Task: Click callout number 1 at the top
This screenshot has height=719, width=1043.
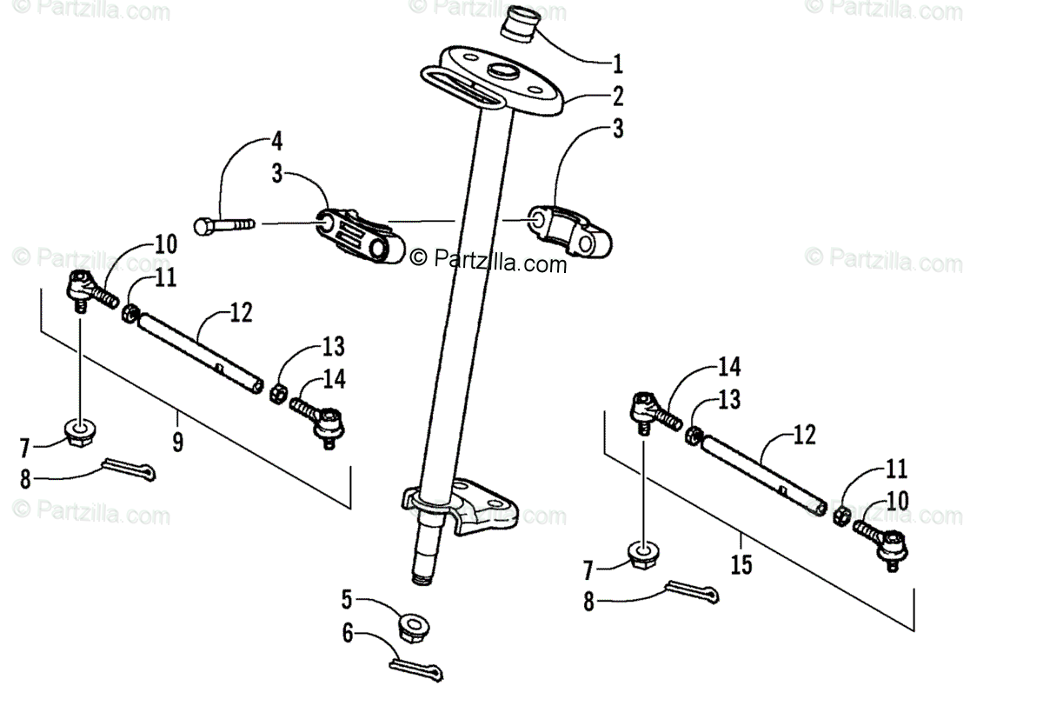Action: pos(617,63)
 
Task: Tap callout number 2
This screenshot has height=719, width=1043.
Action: pos(617,96)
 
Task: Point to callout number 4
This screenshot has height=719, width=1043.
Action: pos(276,140)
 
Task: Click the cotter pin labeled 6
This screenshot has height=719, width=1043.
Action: pos(415,668)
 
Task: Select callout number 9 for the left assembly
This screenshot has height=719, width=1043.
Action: pos(177,442)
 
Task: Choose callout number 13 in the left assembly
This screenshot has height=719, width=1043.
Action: pos(332,346)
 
